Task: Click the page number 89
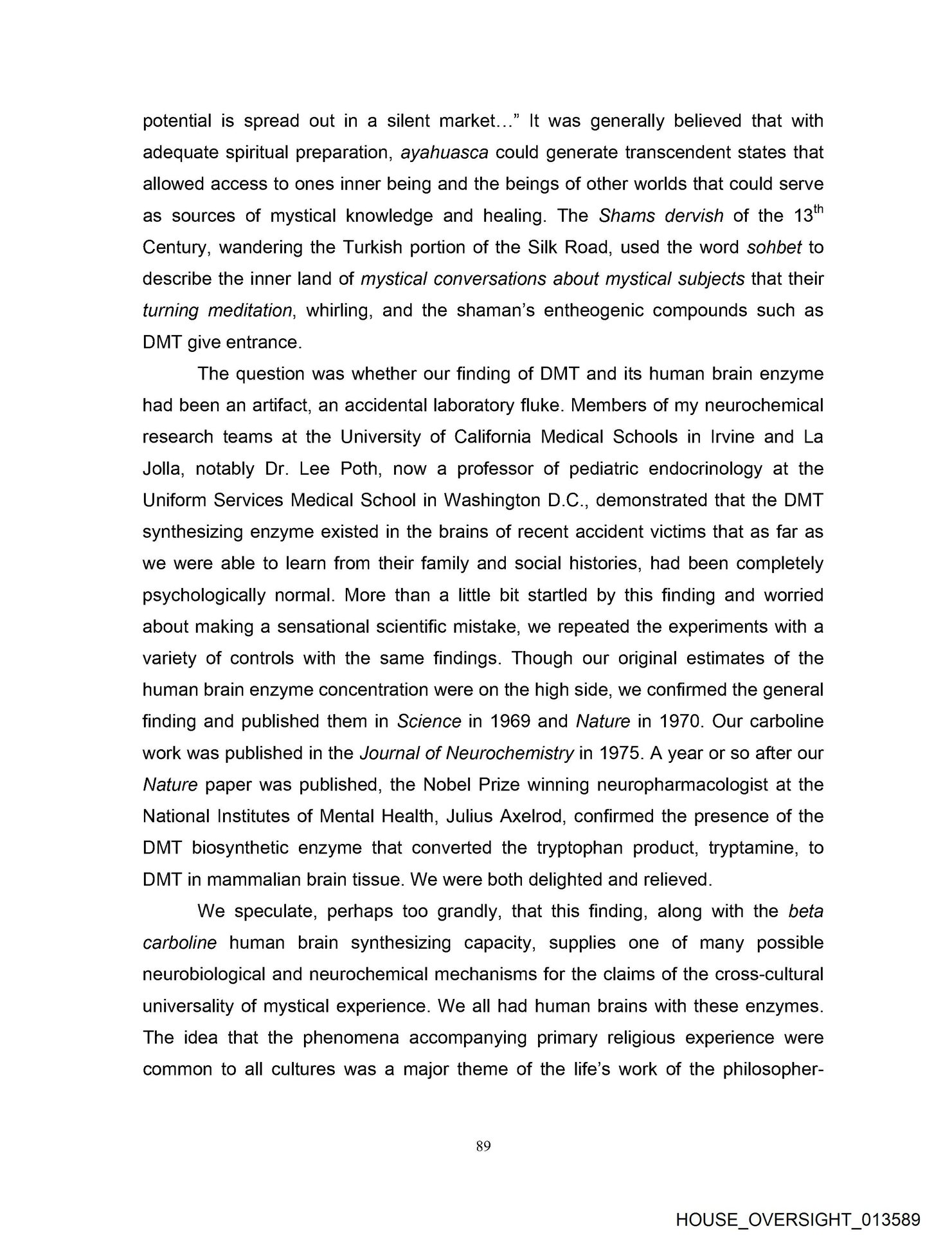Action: tap(483, 1145)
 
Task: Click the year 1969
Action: tap(508, 721)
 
